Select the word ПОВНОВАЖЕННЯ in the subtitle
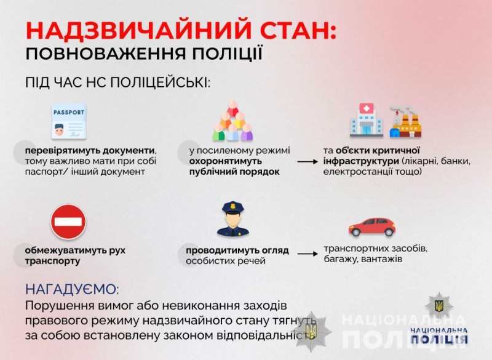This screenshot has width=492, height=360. (x=105, y=54)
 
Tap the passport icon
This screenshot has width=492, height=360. (x=69, y=121)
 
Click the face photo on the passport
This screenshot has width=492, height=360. (x=59, y=130)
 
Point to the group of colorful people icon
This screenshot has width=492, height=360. (x=232, y=121)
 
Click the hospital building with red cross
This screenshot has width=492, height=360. (x=367, y=121)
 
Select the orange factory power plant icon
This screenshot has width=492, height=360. (x=405, y=122)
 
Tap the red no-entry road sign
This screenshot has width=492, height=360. (x=68, y=222)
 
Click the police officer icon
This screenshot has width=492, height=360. (x=233, y=218)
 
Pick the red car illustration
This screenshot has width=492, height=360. (x=372, y=226)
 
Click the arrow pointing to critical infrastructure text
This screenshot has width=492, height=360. (x=307, y=162)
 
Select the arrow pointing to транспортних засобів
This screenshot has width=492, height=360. (x=307, y=254)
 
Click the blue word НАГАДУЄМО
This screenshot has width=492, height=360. (x=72, y=289)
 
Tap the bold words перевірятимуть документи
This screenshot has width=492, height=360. (x=90, y=151)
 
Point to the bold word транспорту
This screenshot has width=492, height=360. (x=52, y=261)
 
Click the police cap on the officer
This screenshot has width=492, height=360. (x=233, y=208)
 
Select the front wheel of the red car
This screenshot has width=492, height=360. (x=356, y=232)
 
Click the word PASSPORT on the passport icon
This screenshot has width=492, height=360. (x=69, y=113)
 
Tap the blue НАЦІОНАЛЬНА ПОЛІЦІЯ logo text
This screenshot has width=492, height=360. (x=439, y=335)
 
